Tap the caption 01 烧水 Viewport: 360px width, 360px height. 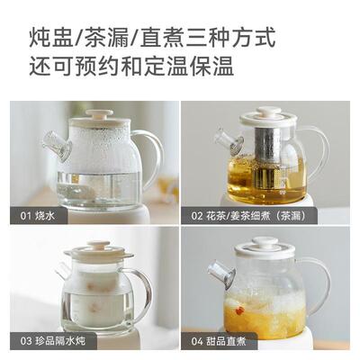[x=34, y=216]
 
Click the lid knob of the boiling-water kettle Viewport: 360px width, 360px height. [x=100, y=114]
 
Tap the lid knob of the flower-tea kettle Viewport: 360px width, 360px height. [x=268, y=112]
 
